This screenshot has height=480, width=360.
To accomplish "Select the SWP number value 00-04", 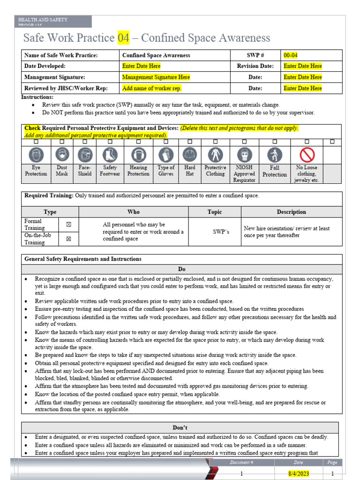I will [x=291, y=55].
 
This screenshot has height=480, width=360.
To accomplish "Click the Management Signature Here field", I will [x=156, y=77].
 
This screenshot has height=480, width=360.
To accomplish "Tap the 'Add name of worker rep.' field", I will [x=152, y=88].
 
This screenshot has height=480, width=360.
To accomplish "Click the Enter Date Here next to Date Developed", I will [x=141, y=66].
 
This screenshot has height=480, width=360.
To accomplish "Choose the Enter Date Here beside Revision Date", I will [x=303, y=66].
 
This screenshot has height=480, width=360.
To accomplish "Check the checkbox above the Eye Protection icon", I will [x=36, y=142].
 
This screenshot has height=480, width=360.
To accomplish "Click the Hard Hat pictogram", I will [x=190, y=154].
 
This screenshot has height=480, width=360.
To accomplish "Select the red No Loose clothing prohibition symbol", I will [x=307, y=154].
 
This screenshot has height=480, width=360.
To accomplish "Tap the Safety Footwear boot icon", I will [x=110, y=154].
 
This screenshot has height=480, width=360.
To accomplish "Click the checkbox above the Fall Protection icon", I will [x=275, y=142].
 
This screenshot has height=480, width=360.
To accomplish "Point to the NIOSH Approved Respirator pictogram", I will [x=244, y=154].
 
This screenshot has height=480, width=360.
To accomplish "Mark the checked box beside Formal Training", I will [x=68, y=225].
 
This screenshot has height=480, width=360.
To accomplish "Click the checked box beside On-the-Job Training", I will [x=68, y=239].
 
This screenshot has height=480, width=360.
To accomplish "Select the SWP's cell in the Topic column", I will [x=215, y=232].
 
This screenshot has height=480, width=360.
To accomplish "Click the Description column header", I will [x=291, y=212].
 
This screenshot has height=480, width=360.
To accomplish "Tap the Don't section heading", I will [x=180, y=427].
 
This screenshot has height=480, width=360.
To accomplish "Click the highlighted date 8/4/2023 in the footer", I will [x=295, y=473].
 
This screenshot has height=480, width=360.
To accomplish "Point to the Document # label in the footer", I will [x=242, y=463].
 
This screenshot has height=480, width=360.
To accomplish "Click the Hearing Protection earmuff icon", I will [x=138, y=154].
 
